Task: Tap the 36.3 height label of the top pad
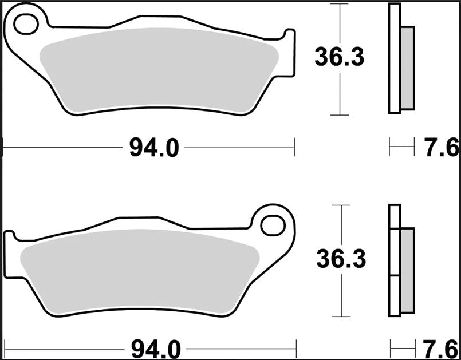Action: coord(339,57)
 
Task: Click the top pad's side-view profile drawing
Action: coord(400,57)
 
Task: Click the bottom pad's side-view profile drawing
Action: coord(400,260)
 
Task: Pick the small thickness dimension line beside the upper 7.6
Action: coord(401,149)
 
